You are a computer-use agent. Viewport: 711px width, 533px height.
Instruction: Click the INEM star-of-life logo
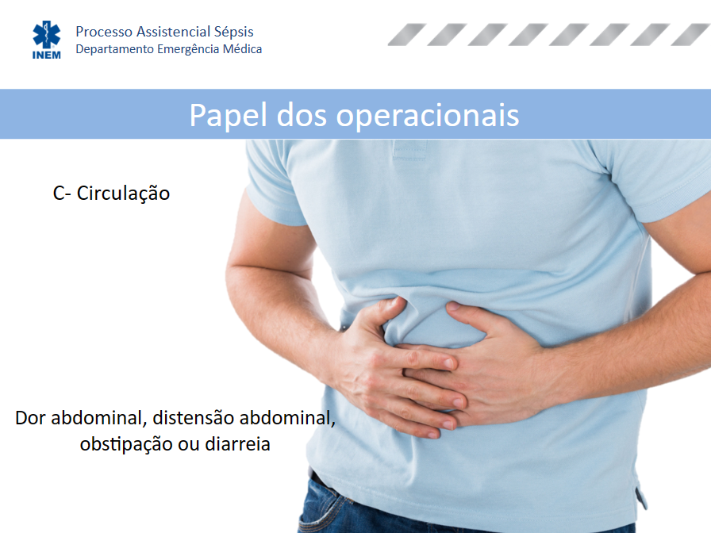click(x=46, y=40)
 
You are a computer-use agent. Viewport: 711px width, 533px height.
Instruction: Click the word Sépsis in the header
click(x=233, y=32)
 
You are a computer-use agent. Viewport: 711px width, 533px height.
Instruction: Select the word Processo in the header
click(x=104, y=32)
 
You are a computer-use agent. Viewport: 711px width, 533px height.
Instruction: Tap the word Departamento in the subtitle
click(x=115, y=49)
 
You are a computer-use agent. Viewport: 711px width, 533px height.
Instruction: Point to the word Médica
click(x=242, y=48)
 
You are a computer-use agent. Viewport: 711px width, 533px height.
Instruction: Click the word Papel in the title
click(x=228, y=115)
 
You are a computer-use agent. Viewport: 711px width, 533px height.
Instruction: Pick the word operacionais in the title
click(x=427, y=115)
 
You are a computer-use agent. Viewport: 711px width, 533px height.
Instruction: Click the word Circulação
click(x=123, y=194)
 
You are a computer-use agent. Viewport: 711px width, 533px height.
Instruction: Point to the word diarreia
click(x=237, y=443)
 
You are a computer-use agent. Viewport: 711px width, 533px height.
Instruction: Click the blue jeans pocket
click(x=325, y=507)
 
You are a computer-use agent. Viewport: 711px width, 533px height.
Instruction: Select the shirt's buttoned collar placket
click(x=409, y=150)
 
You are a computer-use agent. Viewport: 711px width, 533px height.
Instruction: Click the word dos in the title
click(x=302, y=115)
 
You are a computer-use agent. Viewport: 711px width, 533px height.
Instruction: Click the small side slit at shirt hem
click(x=640, y=497)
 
